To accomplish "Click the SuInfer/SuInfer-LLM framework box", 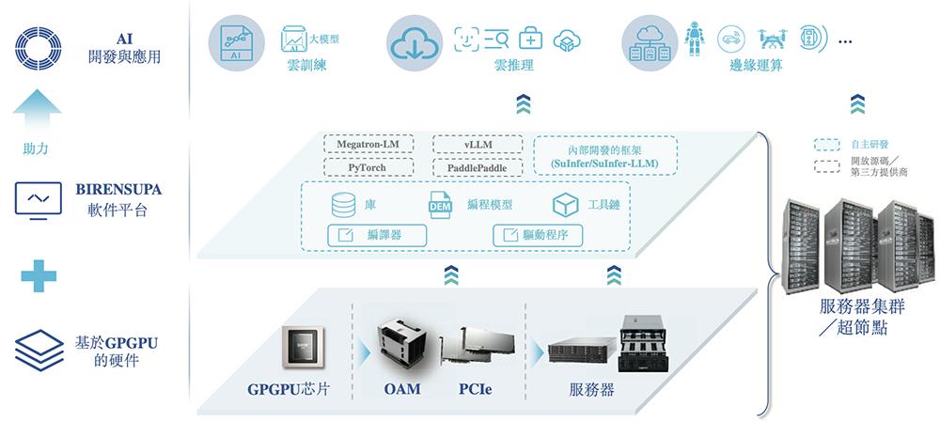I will point(605,156).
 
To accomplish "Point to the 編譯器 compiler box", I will point(376,235).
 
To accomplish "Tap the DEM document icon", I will point(440,205).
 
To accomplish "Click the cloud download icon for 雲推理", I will point(415,40).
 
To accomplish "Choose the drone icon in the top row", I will point(769,38).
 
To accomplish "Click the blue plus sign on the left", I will point(39,275).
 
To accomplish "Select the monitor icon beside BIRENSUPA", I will point(39,200).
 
